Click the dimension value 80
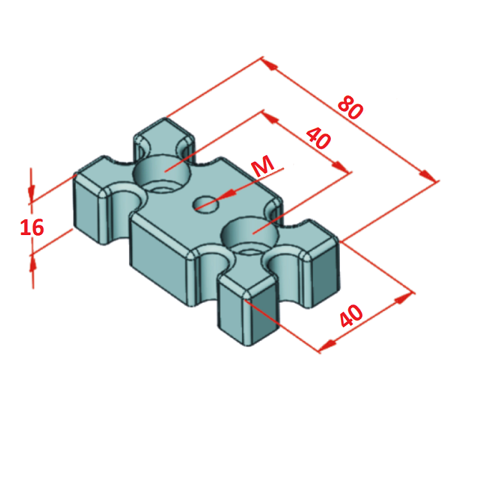[351, 107]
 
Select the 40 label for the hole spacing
[318, 139]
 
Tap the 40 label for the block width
[351, 316]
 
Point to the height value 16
[32, 227]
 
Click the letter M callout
[262, 165]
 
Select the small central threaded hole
[207, 204]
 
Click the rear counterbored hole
[162, 174]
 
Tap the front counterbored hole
[250, 236]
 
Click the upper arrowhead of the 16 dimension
[31, 194]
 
